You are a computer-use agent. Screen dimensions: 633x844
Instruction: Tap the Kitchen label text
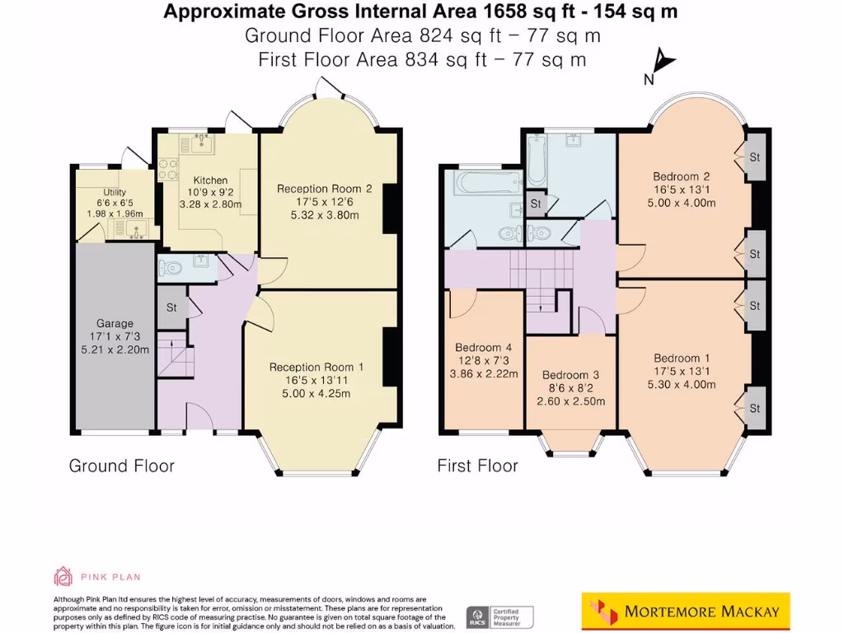[x=210, y=181]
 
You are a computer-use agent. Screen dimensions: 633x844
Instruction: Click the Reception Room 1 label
[x=316, y=367]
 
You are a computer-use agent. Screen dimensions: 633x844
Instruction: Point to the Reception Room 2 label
[x=324, y=189]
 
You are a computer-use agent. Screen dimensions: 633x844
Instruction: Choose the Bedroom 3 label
[x=570, y=375]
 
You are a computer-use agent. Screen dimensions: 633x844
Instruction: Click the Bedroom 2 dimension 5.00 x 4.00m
[x=682, y=203]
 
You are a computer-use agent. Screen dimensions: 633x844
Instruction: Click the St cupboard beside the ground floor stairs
[x=171, y=307]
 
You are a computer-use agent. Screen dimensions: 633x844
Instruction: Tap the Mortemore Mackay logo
[x=685, y=612]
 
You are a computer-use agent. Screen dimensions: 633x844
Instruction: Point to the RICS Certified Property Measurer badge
[x=500, y=616]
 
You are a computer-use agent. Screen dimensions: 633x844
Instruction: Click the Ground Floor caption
[x=121, y=466]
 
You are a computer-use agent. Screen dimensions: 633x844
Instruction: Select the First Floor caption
[x=477, y=466]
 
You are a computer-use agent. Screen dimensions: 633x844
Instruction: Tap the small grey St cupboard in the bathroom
[x=535, y=203]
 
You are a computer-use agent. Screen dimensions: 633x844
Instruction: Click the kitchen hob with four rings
[x=169, y=169]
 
